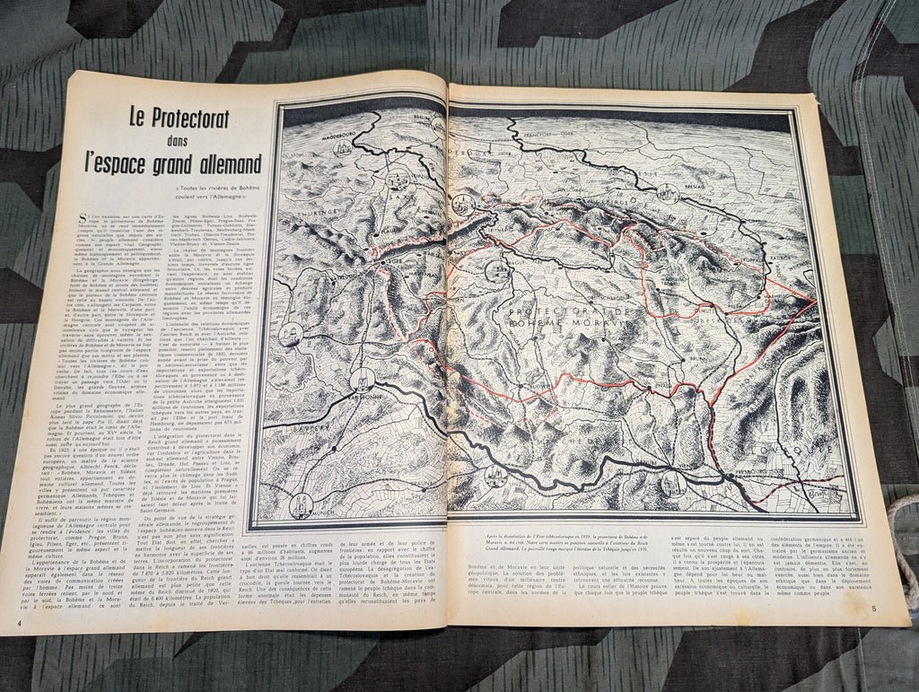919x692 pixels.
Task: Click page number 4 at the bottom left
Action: (x=19, y=622)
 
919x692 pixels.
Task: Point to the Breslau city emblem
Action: (x=669, y=192)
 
